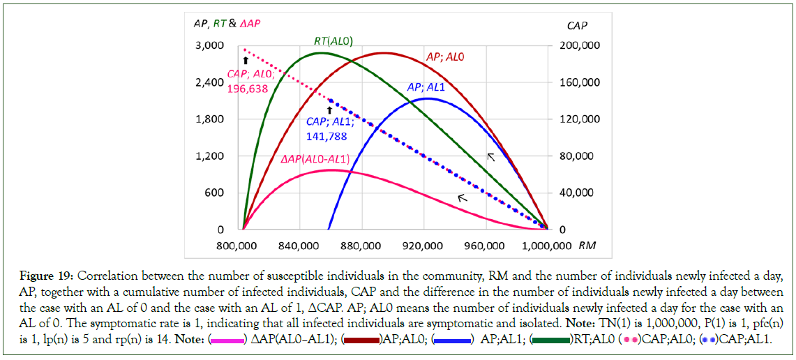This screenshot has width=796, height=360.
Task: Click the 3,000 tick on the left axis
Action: click(x=211, y=45)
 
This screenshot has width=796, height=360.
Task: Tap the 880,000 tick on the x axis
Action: click(x=363, y=245)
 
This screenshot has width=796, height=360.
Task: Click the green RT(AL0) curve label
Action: click(x=331, y=41)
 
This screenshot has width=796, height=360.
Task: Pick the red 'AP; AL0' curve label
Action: click(x=444, y=57)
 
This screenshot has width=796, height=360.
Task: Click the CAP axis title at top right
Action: click(x=578, y=26)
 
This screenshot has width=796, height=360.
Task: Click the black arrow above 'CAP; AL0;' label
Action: click(x=246, y=61)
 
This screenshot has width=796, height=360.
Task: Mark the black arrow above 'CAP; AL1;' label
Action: click(x=330, y=109)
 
